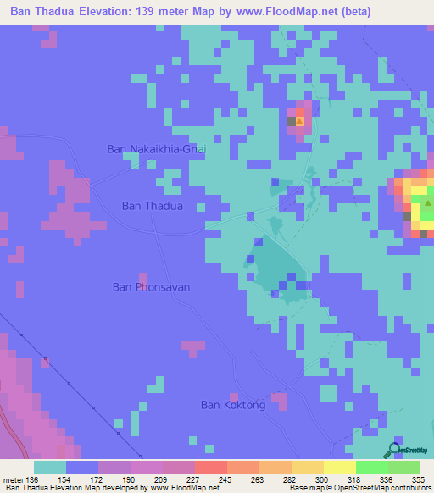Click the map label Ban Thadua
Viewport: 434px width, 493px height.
152,205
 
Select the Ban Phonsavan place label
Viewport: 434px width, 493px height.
151,287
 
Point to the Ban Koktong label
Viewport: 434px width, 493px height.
233,405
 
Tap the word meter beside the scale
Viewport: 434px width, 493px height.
15,479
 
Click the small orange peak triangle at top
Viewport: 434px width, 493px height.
298,120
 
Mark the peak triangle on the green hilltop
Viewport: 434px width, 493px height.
428,203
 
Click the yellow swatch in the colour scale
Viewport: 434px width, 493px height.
339,467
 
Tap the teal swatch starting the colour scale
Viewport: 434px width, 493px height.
49,467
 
